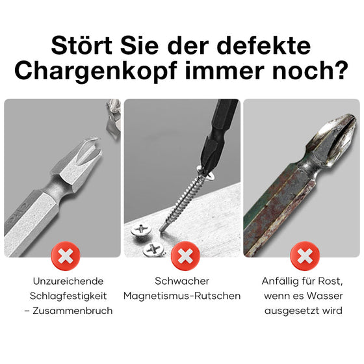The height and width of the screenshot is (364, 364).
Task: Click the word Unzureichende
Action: [67, 281]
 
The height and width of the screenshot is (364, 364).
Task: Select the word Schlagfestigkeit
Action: [67, 296]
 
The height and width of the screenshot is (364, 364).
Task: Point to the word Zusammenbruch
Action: [75, 311]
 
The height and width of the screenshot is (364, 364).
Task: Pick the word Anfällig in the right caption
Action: [279, 281]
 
